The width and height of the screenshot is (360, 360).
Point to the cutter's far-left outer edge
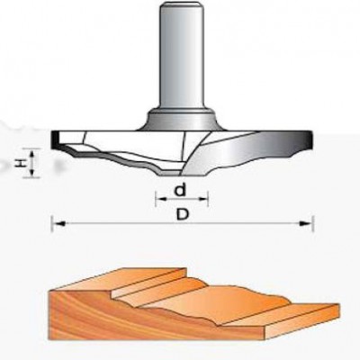[53, 139]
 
